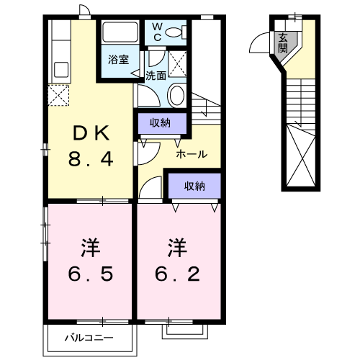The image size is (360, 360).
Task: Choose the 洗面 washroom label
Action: (156, 75)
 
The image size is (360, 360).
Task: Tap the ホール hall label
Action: (192, 154)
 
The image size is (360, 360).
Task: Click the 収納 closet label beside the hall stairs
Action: (161, 123)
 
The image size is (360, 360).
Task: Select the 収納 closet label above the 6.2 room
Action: (194, 186)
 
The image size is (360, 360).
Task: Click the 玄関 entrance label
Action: (283, 43)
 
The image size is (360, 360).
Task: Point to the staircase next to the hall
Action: (205, 107)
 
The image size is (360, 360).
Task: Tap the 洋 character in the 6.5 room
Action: (91, 248)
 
